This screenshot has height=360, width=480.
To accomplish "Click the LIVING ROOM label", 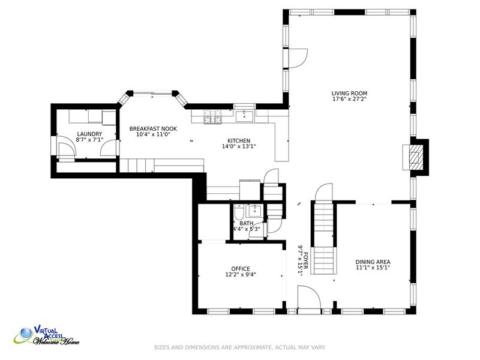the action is [x=349, y=94].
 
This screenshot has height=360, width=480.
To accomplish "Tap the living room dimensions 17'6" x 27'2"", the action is [x=349, y=99].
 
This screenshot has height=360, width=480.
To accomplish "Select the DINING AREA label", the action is [x=373, y=262].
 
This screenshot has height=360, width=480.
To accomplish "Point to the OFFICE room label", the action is [x=241, y=269].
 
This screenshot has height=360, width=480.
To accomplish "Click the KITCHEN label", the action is [x=239, y=141].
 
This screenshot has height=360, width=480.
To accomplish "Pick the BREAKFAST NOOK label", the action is [x=153, y=129].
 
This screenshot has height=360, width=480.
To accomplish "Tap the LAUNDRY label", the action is [x=89, y=134].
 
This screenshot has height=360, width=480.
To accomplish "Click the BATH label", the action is [x=247, y=223].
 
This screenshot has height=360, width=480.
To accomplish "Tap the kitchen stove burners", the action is [x=213, y=116].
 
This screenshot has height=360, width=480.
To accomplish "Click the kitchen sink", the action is [x=244, y=116].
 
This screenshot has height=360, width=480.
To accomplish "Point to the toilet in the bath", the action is [x=239, y=212].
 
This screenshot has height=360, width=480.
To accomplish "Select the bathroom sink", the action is [x=254, y=211].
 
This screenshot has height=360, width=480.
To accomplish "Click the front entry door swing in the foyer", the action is [x=309, y=297].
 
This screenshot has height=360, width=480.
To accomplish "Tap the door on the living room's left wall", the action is [x=298, y=58].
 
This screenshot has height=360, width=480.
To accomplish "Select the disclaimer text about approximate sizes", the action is [x=239, y=347].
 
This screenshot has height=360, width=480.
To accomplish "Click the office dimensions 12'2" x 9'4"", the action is [x=241, y=275].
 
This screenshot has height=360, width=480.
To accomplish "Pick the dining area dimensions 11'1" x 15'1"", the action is [x=373, y=268].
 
